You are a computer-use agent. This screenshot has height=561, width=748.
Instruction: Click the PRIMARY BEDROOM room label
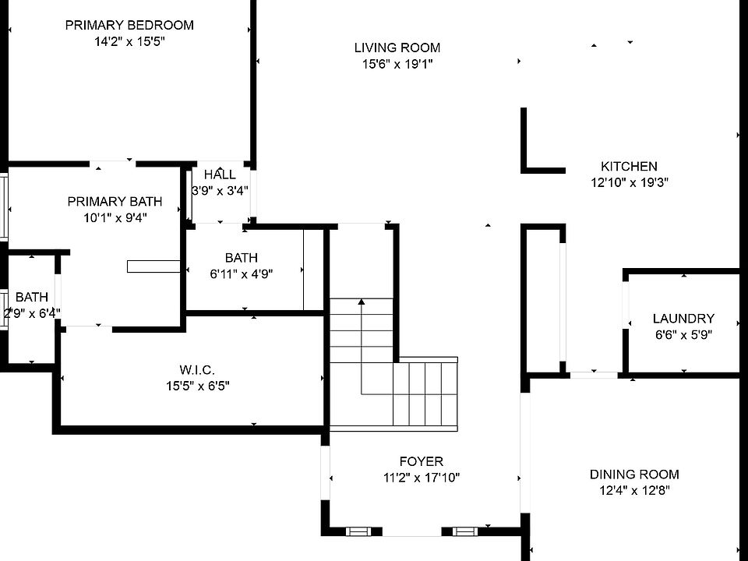[x=129, y=25]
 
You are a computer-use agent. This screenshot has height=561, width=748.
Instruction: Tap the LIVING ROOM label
[x=397, y=48]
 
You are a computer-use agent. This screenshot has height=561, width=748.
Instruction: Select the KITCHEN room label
[x=629, y=166]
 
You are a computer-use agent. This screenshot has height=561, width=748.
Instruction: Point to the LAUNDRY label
[x=683, y=318]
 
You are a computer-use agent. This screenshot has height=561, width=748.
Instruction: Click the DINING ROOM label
[x=634, y=475]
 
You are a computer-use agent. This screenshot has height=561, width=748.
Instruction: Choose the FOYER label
[x=422, y=461]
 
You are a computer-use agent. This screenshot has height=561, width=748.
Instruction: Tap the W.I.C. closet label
[x=197, y=369]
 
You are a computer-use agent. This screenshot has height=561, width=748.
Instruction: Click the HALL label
[x=220, y=174]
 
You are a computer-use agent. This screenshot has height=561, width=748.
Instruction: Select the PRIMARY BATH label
[x=115, y=201]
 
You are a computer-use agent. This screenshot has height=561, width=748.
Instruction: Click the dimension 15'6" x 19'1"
[x=397, y=64]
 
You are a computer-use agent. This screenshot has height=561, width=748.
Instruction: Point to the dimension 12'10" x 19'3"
[x=630, y=182]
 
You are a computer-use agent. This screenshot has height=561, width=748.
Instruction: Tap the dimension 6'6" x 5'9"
[x=683, y=334]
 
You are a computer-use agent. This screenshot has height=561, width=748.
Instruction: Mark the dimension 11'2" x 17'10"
[x=422, y=478]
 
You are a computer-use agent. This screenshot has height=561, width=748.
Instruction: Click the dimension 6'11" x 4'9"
[x=242, y=274]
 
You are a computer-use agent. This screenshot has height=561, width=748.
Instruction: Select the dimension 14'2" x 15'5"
[x=129, y=41]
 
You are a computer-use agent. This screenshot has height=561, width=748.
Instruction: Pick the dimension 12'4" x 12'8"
[x=634, y=490]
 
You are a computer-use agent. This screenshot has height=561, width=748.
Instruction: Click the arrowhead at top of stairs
[x=362, y=302]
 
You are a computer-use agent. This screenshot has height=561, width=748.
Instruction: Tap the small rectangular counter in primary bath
[x=153, y=266]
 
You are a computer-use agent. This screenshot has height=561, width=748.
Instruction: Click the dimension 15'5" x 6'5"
[x=197, y=386]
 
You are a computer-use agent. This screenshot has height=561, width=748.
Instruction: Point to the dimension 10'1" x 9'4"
[x=115, y=218]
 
